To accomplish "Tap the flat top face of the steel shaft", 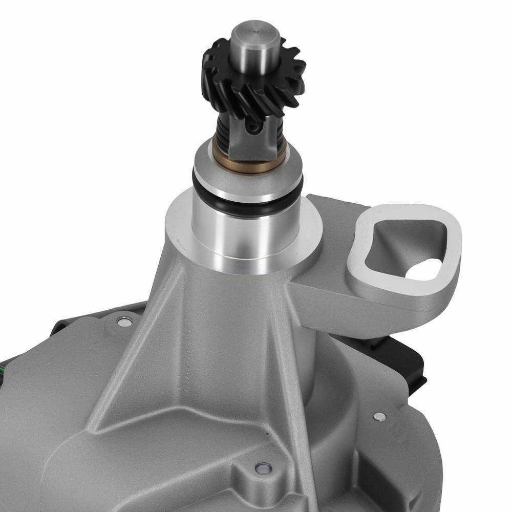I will tap(255, 33).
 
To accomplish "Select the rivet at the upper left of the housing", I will tap(123, 321).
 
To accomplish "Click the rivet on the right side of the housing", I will tap(379, 416).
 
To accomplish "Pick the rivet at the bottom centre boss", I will tap(263, 467).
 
